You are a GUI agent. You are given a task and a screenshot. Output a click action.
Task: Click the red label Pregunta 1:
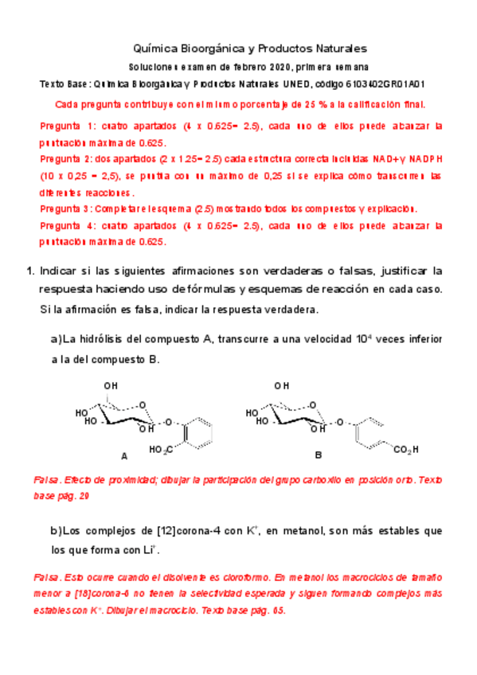[x=67, y=127]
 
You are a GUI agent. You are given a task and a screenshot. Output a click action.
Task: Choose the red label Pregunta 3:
[x=66, y=209]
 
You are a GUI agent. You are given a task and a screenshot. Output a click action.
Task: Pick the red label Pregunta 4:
[x=67, y=226]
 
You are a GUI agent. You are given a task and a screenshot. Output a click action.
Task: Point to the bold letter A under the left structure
[x=123, y=457]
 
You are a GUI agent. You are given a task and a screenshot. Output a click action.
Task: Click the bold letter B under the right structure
[x=318, y=455]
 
